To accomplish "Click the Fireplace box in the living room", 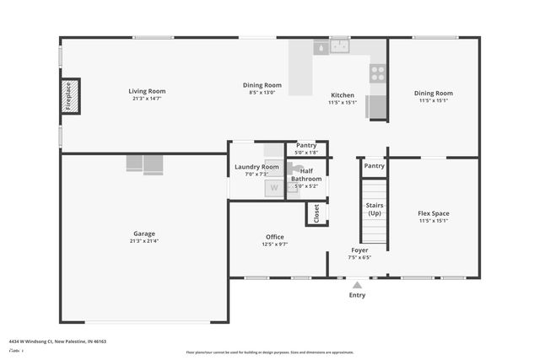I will coord(70,96).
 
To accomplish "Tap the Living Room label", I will coord(147,92).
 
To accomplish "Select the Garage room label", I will coord(144,234).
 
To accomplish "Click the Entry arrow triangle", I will coord(357,285).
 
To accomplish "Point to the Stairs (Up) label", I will coord(374,209).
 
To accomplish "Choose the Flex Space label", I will coord(433,213).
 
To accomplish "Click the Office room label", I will coord(274,237).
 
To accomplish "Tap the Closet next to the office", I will coord(317,213).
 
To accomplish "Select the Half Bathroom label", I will coord(306,175).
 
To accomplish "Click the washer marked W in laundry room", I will coord(273,188).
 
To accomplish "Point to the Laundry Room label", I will coord(256,167).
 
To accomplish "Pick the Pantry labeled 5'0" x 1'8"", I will coord(306,146).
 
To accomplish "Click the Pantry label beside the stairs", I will coord(374,166).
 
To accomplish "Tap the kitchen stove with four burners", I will coord(377,73).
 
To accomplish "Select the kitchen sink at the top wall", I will coord(339,47).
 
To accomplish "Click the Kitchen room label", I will coord(343,95).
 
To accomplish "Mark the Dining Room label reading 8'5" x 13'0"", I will coord(262,85).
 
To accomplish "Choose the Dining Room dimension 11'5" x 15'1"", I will coord(433,100).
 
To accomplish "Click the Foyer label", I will coord(359,250).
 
